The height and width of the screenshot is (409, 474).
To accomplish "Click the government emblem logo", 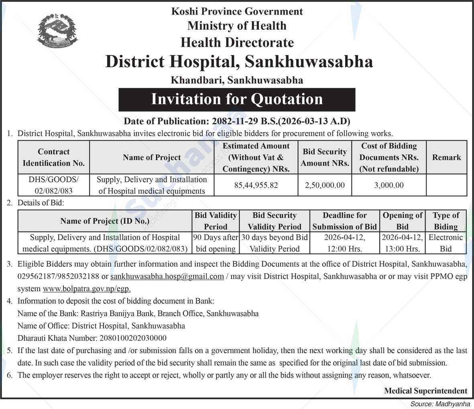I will (x=57, y=30).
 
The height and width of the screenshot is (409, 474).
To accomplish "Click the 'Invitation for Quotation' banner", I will (x=237, y=99).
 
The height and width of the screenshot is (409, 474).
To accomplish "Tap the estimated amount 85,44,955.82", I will (x=256, y=185).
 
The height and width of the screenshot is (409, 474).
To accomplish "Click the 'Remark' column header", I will (x=446, y=157).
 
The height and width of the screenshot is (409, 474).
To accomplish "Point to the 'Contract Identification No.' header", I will (x=54, y=157).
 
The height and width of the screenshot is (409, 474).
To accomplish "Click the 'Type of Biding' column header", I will (x=446, y=221).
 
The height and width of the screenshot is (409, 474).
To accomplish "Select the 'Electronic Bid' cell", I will (x=446, y=243).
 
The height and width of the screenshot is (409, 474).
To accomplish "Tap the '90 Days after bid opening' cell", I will (x=216, y=243).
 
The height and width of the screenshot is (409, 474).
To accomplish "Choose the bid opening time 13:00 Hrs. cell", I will (x=402, y=249).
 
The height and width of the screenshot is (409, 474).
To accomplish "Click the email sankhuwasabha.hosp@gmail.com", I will (x=167, y=276).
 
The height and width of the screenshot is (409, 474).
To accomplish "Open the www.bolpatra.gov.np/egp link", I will (x=87, y=288).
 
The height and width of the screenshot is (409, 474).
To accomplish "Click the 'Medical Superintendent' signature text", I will (x=425, y=391).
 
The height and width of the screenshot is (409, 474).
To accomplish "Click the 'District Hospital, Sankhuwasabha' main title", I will (x=239, y=61).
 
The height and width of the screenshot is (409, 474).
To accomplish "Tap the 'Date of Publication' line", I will (x=237, y=121).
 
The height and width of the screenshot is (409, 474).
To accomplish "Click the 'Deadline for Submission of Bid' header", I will (x=344, y=221).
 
